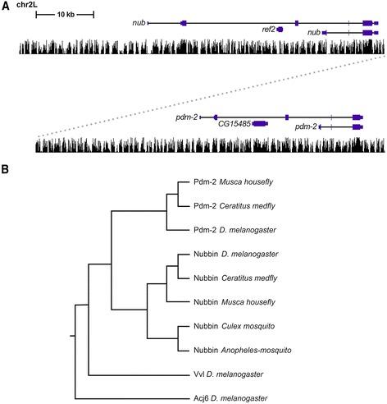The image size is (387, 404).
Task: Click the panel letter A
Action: point(6,7)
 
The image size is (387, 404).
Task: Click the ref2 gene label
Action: point(268,29)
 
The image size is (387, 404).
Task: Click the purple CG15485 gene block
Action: point(260,124)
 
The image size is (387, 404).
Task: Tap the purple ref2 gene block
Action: point(280,29)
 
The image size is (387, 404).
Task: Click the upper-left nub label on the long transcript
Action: point(138,21)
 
